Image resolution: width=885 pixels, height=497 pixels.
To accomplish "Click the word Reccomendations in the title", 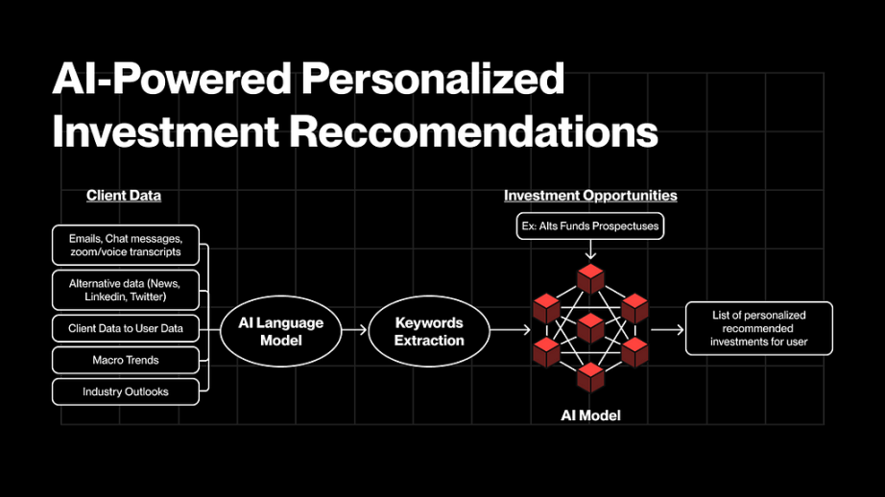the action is (473, 131).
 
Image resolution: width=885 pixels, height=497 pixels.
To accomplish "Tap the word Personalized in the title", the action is (432, 78).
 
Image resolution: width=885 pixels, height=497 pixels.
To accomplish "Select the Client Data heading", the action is (124, 196).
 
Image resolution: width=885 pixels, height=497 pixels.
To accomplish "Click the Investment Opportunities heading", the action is (590, 196).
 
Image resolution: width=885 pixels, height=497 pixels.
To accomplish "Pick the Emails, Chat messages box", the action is (126, 246).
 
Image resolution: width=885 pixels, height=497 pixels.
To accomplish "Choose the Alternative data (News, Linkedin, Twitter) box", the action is (126, 291).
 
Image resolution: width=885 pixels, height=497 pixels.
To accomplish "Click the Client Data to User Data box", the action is (126, 328).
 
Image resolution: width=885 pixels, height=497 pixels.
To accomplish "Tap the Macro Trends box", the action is (126, 360).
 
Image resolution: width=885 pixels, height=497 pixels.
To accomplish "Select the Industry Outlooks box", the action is (126, 391).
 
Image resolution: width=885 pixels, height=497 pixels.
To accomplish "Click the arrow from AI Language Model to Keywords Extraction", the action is (355, 330).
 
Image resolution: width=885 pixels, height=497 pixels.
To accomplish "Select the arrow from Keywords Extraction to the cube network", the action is (511, 330).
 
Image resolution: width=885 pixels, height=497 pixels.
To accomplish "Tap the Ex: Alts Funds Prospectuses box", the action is (590, 226).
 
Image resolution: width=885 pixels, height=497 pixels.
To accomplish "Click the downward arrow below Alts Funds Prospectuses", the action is (590, 249).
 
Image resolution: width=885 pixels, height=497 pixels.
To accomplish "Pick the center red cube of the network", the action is (591, 328).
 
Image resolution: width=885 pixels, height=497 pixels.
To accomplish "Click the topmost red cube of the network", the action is (591, 278).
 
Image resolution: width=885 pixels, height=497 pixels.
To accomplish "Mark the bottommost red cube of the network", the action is (591, 377).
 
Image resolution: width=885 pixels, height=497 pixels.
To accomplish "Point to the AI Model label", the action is (590, 415).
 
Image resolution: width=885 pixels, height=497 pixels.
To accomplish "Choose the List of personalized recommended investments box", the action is (759, 328).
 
